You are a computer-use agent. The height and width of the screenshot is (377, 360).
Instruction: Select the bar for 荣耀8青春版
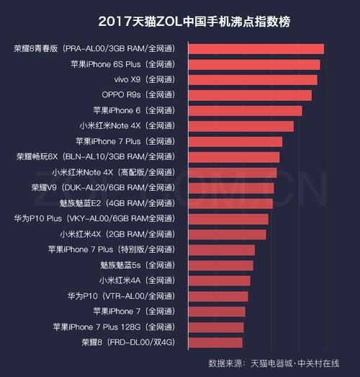tap(256, 49)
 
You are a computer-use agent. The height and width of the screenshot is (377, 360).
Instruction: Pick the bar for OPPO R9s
tap(250, 95)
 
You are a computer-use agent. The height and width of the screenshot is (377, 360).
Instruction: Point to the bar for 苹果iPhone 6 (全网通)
tap(245, 111)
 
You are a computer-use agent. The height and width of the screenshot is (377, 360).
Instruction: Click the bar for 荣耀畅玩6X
tap(234, 157)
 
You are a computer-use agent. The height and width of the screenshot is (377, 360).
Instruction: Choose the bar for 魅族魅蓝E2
tap(230, 203)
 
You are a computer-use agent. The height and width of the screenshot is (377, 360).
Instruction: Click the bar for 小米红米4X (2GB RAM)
tap(227, 234)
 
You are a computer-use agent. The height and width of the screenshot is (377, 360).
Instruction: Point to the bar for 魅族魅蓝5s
tap(220, 265)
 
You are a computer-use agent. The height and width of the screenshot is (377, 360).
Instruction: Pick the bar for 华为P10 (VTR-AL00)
tap(218, 296)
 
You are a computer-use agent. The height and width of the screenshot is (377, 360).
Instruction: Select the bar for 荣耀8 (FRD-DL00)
tap(215, 342)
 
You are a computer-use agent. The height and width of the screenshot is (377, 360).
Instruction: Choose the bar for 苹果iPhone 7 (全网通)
tap(217, 311)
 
